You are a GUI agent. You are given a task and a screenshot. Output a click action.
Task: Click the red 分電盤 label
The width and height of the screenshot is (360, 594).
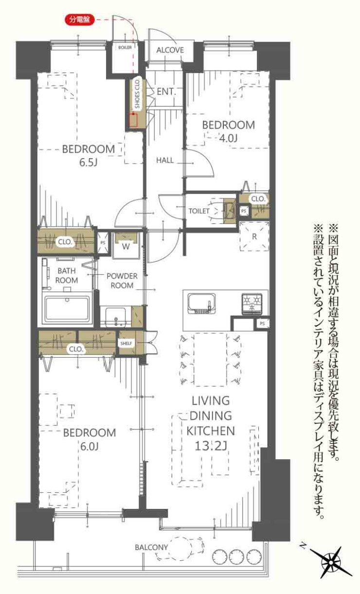(79, 19)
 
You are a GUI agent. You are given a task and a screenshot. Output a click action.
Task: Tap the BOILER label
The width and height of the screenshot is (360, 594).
(125, 48)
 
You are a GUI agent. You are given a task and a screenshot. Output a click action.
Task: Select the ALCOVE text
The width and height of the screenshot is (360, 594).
(170, 50)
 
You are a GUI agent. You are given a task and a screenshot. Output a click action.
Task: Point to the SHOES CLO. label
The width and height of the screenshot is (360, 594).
(137, 94)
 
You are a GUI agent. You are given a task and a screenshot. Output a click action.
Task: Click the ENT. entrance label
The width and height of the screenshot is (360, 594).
(166, 92)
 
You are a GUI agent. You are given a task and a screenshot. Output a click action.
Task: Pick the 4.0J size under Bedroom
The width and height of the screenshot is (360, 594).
(228, 138)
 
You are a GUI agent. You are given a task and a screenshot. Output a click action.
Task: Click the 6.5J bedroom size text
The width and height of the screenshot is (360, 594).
(89, 162)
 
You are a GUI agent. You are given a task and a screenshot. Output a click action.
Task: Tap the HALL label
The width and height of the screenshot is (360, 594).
(165, 160)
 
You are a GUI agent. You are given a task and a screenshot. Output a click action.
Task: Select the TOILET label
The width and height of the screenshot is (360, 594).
(199, 211)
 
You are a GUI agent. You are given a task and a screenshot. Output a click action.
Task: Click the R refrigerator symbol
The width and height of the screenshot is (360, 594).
(254, 236)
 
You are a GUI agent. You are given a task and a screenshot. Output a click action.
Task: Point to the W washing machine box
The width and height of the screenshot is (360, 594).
(126, 246)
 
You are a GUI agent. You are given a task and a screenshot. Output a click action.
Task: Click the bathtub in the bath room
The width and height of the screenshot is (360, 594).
(67, 308)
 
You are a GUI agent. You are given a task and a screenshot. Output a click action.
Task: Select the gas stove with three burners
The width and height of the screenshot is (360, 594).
(252, 304)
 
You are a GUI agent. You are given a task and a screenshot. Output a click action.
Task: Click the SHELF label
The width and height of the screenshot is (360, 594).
(126, 343)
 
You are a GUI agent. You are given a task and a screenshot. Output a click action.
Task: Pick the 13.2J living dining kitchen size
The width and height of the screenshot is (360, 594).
(211, 446)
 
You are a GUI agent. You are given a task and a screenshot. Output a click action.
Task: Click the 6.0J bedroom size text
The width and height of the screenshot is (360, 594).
(90, 447)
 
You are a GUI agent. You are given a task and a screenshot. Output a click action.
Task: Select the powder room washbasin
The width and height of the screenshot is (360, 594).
(116, 317)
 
